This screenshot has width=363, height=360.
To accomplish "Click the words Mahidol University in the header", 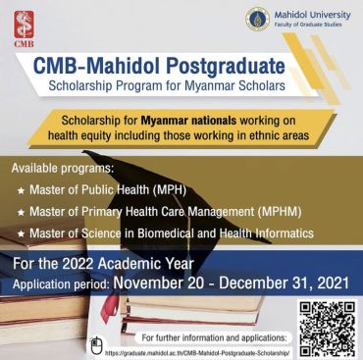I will (313, 13).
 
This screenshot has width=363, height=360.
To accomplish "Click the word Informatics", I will (281, 233).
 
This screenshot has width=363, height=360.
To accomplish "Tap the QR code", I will (325, 328).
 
